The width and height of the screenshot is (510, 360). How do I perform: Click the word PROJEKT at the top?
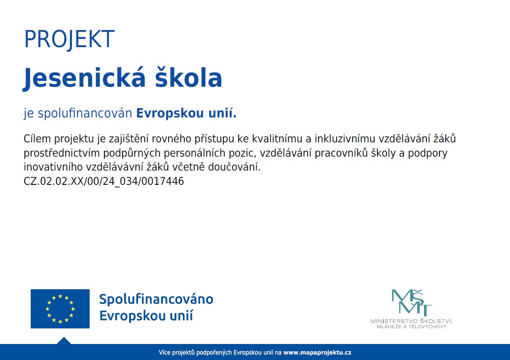(69, 40)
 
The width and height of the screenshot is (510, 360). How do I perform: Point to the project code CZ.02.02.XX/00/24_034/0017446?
(104, 181)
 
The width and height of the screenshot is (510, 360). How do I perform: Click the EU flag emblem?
(60, 309)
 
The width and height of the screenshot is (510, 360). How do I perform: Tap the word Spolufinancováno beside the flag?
(156, 299)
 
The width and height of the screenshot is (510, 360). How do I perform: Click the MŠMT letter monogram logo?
(411, 302)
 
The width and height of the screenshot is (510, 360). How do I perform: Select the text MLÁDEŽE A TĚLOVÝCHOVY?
(411, 327)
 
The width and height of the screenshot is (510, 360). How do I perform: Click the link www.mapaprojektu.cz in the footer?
(317, 352)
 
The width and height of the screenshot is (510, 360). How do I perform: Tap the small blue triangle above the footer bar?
(64, 341)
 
